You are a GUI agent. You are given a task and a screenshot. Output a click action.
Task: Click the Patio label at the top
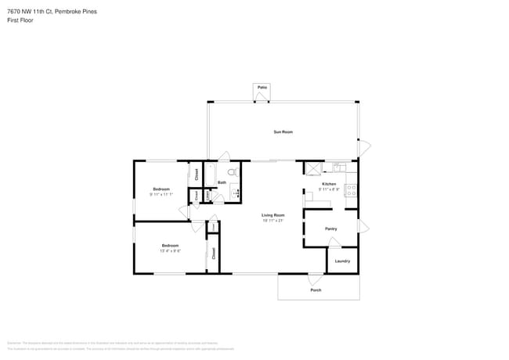click(x=262, y=87)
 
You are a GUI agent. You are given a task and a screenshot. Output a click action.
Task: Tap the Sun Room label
click(x=283, y=131)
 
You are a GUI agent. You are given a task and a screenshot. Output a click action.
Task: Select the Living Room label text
click(x=273, y=214)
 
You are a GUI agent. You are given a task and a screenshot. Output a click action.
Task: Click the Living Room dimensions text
click(x=273, y=220)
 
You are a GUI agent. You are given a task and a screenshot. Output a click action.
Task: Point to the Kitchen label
click(x=329, y=184)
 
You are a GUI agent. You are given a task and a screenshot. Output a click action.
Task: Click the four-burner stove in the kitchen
click(x=352, y=189)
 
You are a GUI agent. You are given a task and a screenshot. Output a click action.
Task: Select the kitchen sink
click(x=339, y=167)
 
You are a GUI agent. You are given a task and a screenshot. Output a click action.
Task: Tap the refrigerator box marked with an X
click(x=312, y=167)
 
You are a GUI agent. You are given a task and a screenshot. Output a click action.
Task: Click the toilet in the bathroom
click(x=232, y=172)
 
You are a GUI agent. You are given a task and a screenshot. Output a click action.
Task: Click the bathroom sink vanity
click(x=234, y=192)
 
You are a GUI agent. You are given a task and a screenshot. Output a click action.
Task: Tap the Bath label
click(x=222, y=183)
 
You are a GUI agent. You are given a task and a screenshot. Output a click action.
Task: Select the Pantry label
click(x=330, y=229)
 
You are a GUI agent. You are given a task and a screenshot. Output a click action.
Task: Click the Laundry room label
click(x=342, y=261)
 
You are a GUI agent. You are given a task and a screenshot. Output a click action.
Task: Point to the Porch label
click(x=316, y=290)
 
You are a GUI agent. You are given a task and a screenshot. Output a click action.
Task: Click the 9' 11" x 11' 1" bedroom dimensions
click(x=161, y=194)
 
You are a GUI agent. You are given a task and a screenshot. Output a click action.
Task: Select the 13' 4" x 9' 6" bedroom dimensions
click(x=170, y=250)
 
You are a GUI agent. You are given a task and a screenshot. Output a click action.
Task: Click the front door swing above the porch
click(x=315, y=279)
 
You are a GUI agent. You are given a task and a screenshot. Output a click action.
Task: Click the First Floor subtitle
click(x=21, y=20)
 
